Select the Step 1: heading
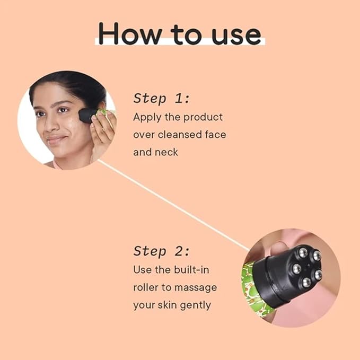point(161,98)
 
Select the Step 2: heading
point(161,251)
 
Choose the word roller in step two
point(146,287)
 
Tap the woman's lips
point(56,139)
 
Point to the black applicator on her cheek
point(86,115)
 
